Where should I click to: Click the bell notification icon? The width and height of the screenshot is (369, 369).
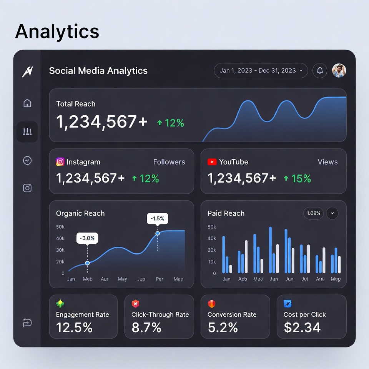(x=320, y=71)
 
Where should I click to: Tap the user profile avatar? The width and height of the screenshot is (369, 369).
(x=339, y=71)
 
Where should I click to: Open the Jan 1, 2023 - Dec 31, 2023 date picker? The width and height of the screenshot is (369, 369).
(x=261, y=71)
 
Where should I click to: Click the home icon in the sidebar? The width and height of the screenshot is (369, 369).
(x=27, y=103)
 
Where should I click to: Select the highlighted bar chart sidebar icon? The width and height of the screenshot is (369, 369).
(x=27, y=132)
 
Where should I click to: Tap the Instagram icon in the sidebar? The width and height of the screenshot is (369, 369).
(x=27, y=188)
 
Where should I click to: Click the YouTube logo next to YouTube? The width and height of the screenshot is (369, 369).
(x=212, y=162)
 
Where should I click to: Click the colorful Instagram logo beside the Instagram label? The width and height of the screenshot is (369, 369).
(x=60, y=162)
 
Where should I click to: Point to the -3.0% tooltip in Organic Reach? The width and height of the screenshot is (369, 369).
(x=87, y=238)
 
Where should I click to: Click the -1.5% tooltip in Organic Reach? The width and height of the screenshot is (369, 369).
(x=158, y=219)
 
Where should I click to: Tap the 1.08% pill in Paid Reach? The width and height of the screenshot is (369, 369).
(x=314, y=213)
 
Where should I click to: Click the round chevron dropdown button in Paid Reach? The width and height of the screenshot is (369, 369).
(x=332, y=213)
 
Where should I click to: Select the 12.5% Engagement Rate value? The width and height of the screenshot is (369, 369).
(x=74, y=327)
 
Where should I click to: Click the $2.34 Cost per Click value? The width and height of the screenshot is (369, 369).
(x=302, y=327)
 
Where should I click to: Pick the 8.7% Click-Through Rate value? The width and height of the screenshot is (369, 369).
(x=146, y=327)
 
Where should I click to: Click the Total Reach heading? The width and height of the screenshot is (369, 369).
(x=76, y=104)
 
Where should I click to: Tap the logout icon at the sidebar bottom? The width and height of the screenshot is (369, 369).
(x=27, y=323)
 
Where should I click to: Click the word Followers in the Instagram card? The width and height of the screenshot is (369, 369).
(x=169, y=162)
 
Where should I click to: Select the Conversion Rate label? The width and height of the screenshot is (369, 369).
(x=232, y=314)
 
